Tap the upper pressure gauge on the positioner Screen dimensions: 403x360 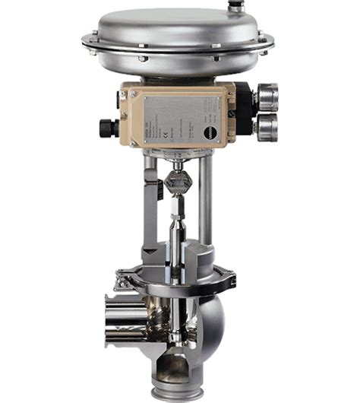click(267, 97)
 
